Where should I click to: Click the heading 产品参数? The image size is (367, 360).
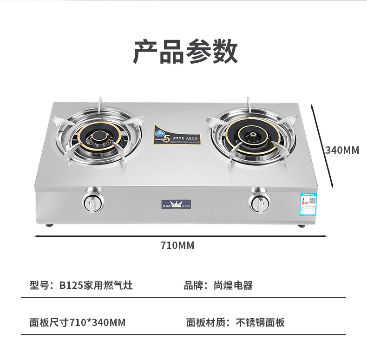click(185, 52)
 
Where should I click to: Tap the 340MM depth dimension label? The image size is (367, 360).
click(342, 150)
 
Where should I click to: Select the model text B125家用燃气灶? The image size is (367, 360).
click(96, 285)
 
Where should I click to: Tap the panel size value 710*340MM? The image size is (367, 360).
click(97, 322)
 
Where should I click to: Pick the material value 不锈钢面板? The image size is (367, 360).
click(260, 322)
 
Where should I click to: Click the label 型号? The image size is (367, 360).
click(39, 285)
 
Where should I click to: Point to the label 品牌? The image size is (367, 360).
click(193, 285)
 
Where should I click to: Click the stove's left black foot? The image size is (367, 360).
click(49, 226)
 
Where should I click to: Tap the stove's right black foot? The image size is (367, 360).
click(301, 226)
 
